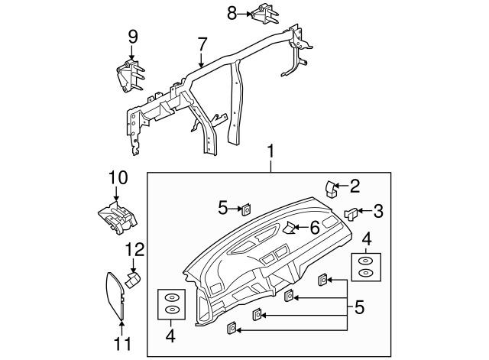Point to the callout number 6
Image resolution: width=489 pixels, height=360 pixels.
pyautogui.click(x=314, y=227)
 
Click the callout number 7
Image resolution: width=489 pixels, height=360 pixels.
pyautogui.click(x=202, y=44)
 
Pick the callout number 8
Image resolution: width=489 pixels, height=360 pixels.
pyautogui.click(x=232, y=12)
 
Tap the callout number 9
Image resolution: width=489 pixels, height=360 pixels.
pyautogui.click(x=132, y=36)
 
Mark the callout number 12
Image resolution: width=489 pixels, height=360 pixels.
pyautogui.click(x=134, y=249)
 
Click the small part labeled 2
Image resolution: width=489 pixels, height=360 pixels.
pyautogui.click(x=332, y=187)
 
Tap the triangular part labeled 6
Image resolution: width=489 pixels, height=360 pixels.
pyautogui.click(x=291, y=227)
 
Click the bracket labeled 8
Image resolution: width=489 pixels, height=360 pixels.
pyautogui.click(x=265, y=15)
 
